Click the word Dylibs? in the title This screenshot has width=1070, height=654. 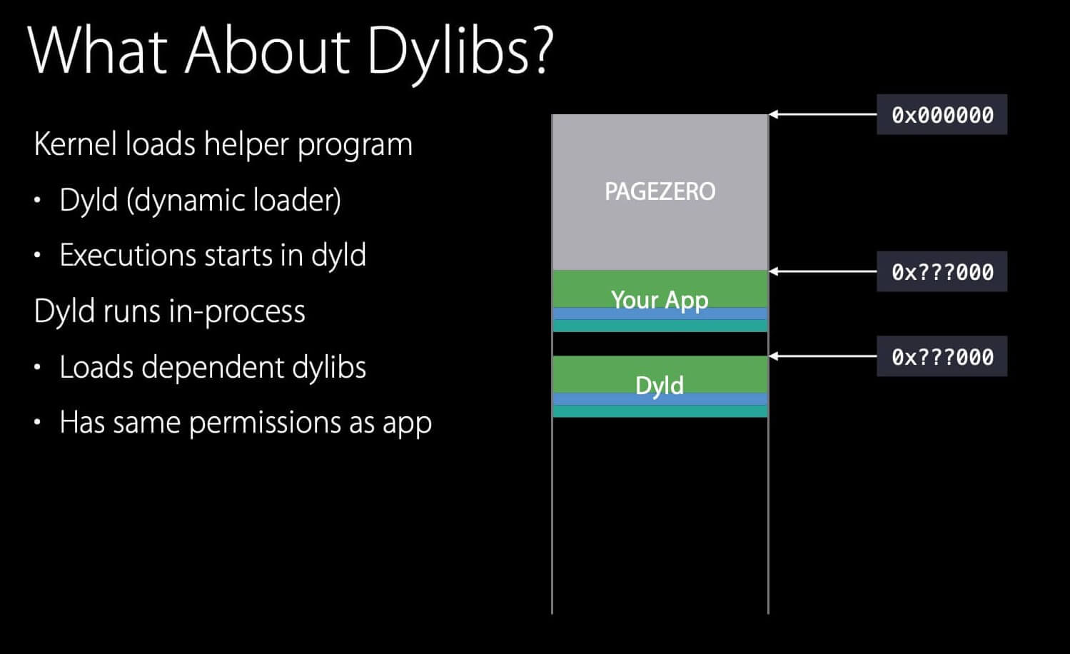click(460, 51)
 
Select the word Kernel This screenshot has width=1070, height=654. click(76, 144)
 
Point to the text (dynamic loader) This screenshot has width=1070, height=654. click(233, 201)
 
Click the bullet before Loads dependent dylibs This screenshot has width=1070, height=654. click(37, 368)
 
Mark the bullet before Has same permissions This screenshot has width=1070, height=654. click(37, 423)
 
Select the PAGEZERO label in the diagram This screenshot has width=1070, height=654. click(660, 191)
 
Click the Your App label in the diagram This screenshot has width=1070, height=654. click(660, 299)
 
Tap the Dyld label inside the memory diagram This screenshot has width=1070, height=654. click(660, 386)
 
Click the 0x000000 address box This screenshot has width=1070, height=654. click(942, 115)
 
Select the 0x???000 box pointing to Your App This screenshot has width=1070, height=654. click(942, 272)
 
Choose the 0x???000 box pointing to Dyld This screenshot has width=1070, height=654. click(942, 357)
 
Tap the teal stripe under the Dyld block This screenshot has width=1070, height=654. click(660, 411)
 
